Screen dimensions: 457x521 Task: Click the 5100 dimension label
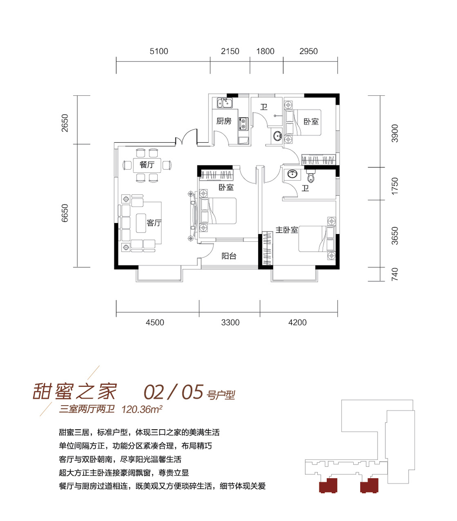(159, 51)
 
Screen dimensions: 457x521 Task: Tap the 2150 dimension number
(230, 51)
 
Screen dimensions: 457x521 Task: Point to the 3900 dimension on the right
(394, 133)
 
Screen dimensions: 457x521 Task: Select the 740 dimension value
(394, 275)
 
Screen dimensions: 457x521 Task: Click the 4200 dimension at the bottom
(297, 322)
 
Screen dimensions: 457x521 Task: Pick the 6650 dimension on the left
(64, 213)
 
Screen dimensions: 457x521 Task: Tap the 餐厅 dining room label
(147, 165)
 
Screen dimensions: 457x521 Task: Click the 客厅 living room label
(154, 223)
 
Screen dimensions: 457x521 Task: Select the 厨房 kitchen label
(223, 121)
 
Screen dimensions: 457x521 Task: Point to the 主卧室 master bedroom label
(287, 229)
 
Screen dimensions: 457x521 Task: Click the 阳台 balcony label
(229, 256)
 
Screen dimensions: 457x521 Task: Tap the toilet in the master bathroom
(311, 177)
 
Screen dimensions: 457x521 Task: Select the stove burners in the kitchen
(243, 124)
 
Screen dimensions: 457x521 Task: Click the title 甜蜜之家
(74, 391)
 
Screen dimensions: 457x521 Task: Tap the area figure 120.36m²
(142, 409)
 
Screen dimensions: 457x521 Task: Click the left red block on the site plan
(328, 485)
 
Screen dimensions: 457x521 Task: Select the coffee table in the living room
(141, 223)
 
